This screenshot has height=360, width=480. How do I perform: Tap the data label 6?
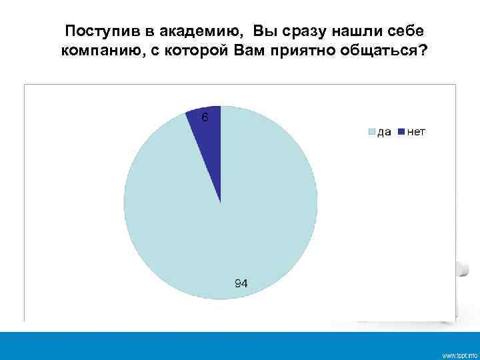pyautogui.click(x=205, y=117)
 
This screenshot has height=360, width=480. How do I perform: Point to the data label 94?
pyautogui.click(x=241, y=283)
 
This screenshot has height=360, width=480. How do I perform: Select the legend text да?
pyautogui.click(x=385, y=132)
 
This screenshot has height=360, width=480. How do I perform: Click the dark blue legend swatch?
pyautogui.click(x=401, y=132)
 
